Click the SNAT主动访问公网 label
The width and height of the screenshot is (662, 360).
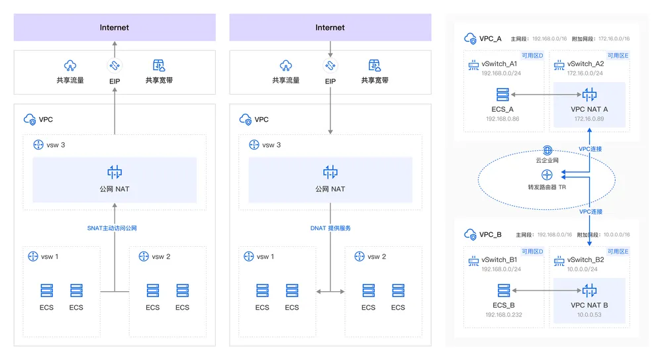(x=112, y=228)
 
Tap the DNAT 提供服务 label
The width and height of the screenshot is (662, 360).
(x=330, y=228)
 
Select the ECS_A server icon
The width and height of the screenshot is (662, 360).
(x=502, y=95)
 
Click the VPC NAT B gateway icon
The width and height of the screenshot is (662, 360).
(x=589, y=291)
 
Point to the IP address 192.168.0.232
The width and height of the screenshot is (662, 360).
(x=504, y=315)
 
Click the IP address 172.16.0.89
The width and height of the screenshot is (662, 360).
(x=589, y=119)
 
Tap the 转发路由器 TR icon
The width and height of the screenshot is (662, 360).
(x=547, y=175)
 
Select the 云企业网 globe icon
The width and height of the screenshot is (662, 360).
(x=547, y=150)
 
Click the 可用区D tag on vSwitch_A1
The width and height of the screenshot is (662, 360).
(x=532, y=56)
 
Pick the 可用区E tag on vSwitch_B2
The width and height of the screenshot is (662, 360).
(x=618, y=251)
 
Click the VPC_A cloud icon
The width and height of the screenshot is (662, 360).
(x=470, y=38)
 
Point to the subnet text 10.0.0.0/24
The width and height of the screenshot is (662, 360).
(x=582, y=269)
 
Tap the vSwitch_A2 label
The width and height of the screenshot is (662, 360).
(x=586, y=64)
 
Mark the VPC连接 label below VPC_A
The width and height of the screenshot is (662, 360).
(x=591, y=149)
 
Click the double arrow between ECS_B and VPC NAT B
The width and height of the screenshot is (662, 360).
(x=547, y=291)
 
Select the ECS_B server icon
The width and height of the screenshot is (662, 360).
(x=504, y=291)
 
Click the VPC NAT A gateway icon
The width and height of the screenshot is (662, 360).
(x=589, y=95)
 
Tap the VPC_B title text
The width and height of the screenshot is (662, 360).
(x=491, y=235)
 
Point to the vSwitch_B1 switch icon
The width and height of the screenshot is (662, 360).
(x=474, y=261)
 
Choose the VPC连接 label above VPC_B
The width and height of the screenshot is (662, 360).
(x=591, y=212)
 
